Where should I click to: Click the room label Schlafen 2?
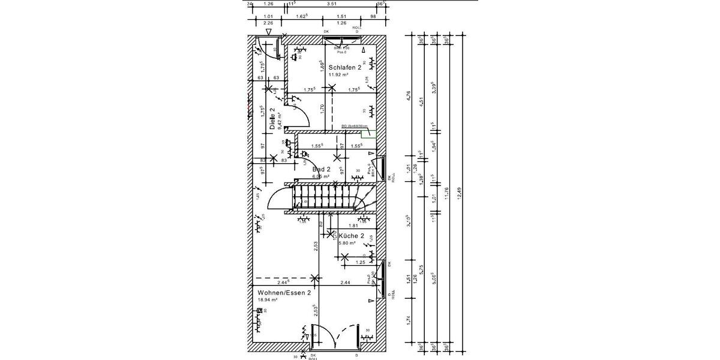[x=344, y=68]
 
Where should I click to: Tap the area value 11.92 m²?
[x=338, y=76]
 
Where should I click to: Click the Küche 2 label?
[x=351, y=236]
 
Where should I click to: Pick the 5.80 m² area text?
[x=347, y=244]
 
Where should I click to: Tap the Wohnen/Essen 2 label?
[x=284, y=293]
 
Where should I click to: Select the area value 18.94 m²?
[x=267, y=300]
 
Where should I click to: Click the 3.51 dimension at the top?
[x=331, y=4]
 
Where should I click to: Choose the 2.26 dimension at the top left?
[x=268, y=23]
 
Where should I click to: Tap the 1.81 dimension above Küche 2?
[x=353, y=226]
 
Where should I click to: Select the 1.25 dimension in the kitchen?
[x=361, y=262]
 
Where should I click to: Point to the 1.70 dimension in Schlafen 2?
[x=322, y=109]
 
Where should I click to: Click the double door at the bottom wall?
[x=334, y=336]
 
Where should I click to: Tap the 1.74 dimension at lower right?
[x=409, y=321]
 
